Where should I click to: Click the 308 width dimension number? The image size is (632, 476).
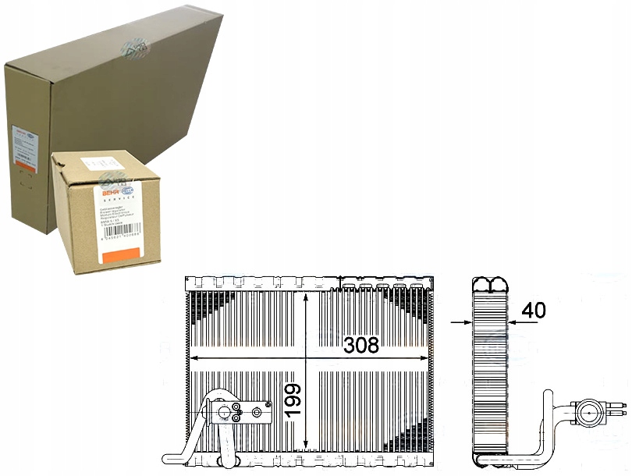(x=360, y=344)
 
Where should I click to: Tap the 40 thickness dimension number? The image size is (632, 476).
(x=534, y=310)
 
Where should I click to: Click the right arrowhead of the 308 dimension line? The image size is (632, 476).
(x=426, y=358)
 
